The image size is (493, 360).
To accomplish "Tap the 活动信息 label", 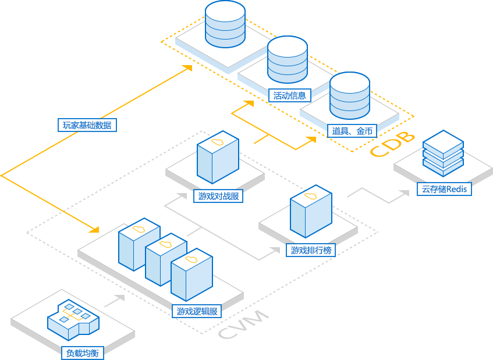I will (289, 95).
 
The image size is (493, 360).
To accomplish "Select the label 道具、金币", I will (352, 131).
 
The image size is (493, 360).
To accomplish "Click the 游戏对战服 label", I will (218, 196).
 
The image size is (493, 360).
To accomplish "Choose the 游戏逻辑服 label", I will (197, 311).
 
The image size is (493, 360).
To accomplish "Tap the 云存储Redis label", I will (444, 189).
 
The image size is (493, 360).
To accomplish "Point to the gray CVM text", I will (244, 325).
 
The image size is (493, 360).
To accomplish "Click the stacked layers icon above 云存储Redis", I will (443, 153).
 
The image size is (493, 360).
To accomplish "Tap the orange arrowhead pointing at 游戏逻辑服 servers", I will (96, 228).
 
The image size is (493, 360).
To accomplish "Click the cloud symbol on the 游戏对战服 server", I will (217, 141).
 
